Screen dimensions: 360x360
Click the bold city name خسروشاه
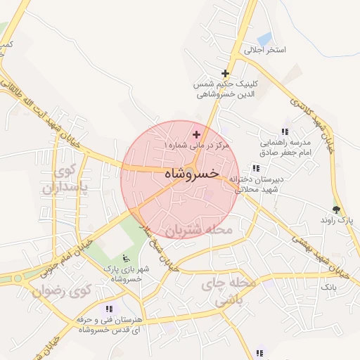click(191, 172)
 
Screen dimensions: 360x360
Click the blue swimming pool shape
click(264, 39)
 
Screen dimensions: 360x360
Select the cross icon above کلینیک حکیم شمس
click(226, 73)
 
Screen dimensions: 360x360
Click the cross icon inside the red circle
click(196, 134)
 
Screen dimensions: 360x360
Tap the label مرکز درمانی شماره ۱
click(198, 145)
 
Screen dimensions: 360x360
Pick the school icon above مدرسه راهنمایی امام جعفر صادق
click(285, 131)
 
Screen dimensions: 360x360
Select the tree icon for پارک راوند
click(337, 209)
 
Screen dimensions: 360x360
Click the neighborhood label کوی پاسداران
click(64, 179)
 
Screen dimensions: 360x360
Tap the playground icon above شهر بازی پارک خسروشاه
click(126, 257)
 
